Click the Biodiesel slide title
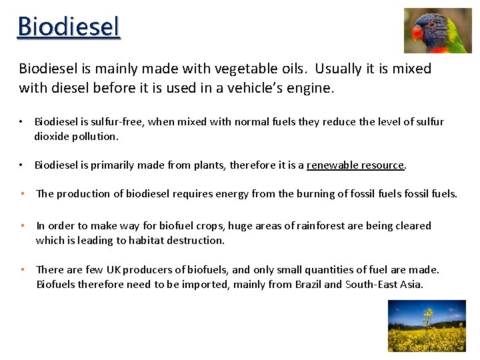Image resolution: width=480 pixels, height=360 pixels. [69, 27]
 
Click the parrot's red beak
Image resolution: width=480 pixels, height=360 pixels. [418, 33]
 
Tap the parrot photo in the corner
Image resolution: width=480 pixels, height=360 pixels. [437, 31]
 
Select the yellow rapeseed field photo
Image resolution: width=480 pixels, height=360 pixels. [427, 325]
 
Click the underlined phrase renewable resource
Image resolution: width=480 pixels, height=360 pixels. [355, 165]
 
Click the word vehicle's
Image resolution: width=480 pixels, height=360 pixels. [257, 88]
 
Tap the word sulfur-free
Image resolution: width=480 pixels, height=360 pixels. [119, 122]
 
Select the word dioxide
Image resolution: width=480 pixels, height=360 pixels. [53, 136]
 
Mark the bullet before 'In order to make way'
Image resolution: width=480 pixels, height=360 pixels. [23, 225]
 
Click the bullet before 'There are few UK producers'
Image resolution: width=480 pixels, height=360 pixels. [23, 269]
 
